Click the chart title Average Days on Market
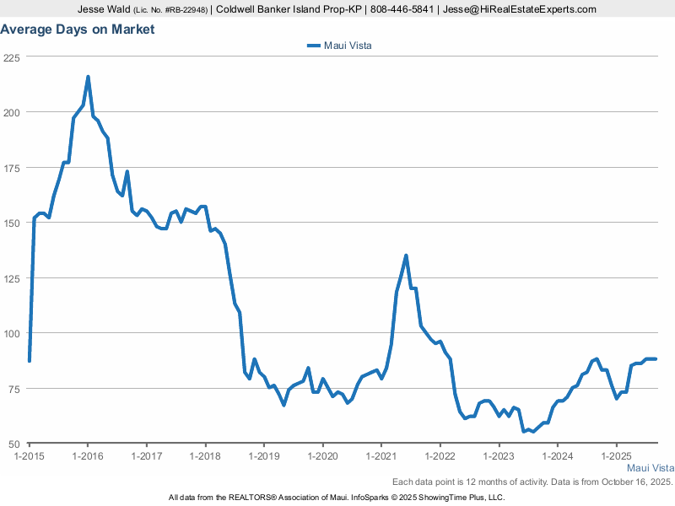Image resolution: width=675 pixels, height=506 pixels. point(78,30)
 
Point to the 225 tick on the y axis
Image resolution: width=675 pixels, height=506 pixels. point(12,57)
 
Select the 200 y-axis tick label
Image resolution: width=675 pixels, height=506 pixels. point(12,112)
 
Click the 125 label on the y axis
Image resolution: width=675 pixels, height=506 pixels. point(12,278)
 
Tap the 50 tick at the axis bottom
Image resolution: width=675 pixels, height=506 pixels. point(14,444)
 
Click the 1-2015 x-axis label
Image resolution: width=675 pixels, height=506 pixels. point(29,455)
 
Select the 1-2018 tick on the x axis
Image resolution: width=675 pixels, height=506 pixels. point(205,455)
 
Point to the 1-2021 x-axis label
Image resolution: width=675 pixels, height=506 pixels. point(381,455)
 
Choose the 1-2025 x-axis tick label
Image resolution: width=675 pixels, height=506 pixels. point(616,455)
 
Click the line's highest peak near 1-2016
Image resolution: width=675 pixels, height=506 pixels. point(88,77)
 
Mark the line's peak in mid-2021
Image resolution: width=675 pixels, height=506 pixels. point(406,256)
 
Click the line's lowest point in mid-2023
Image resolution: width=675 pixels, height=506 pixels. point(524,431)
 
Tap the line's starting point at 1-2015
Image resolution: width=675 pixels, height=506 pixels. point(30,361)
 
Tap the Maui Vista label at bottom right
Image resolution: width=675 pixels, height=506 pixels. point(650,468)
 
